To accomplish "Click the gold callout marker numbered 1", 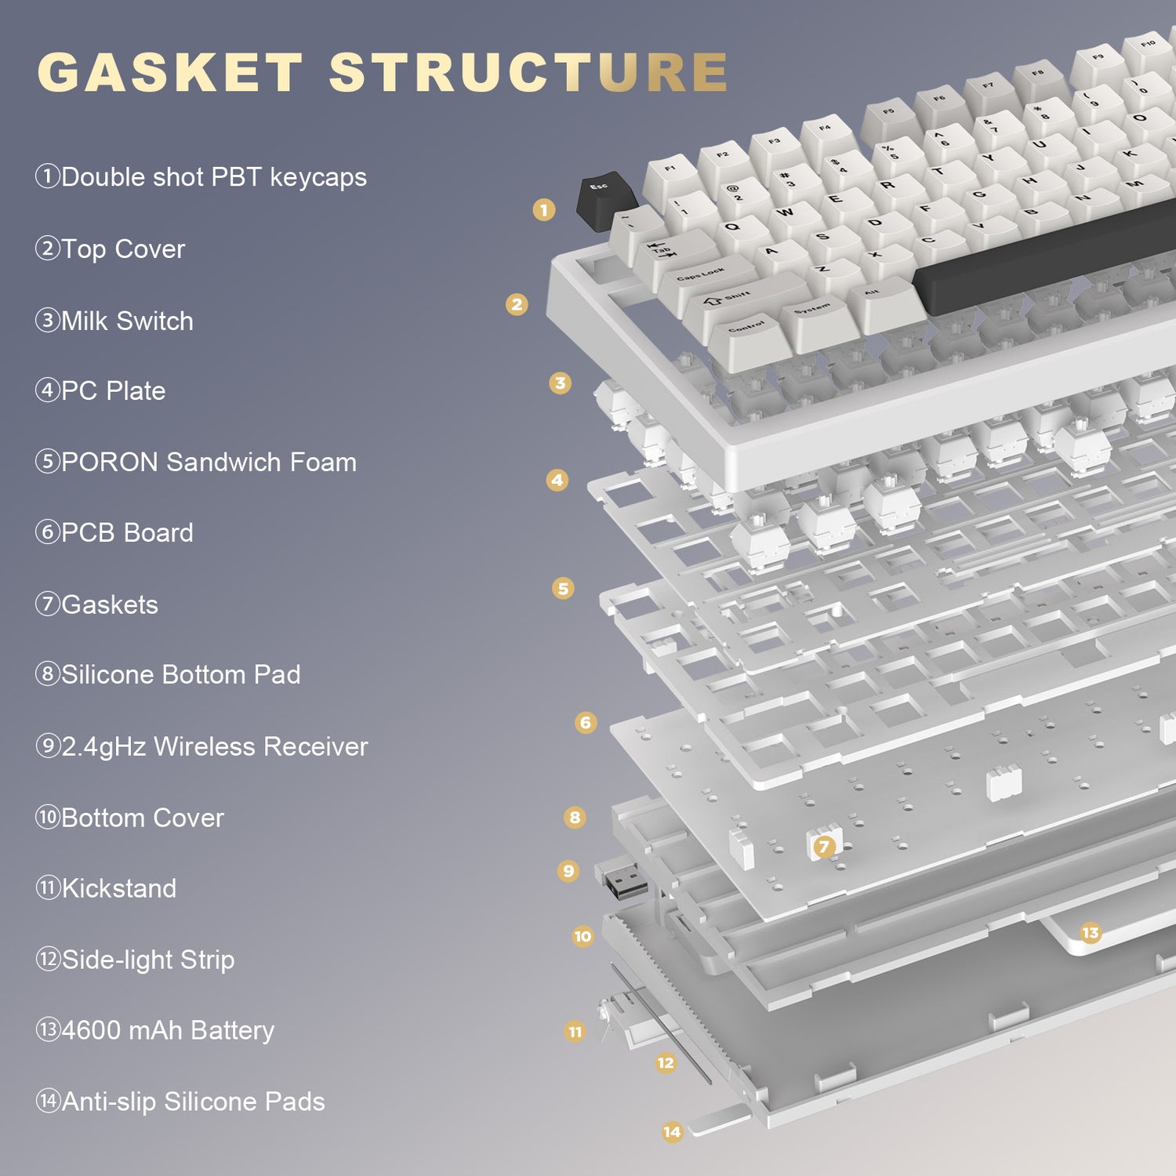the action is [x=544, y=209].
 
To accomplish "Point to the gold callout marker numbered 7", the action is [x=823, y=846].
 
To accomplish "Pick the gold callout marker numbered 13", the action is [x=1090, y=932].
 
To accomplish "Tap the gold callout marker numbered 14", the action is [x=672, y=1131].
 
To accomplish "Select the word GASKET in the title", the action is [x=170, y=72].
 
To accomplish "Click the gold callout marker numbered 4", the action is [x=557, y=480].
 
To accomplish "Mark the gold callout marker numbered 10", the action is [x=583, y=936].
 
